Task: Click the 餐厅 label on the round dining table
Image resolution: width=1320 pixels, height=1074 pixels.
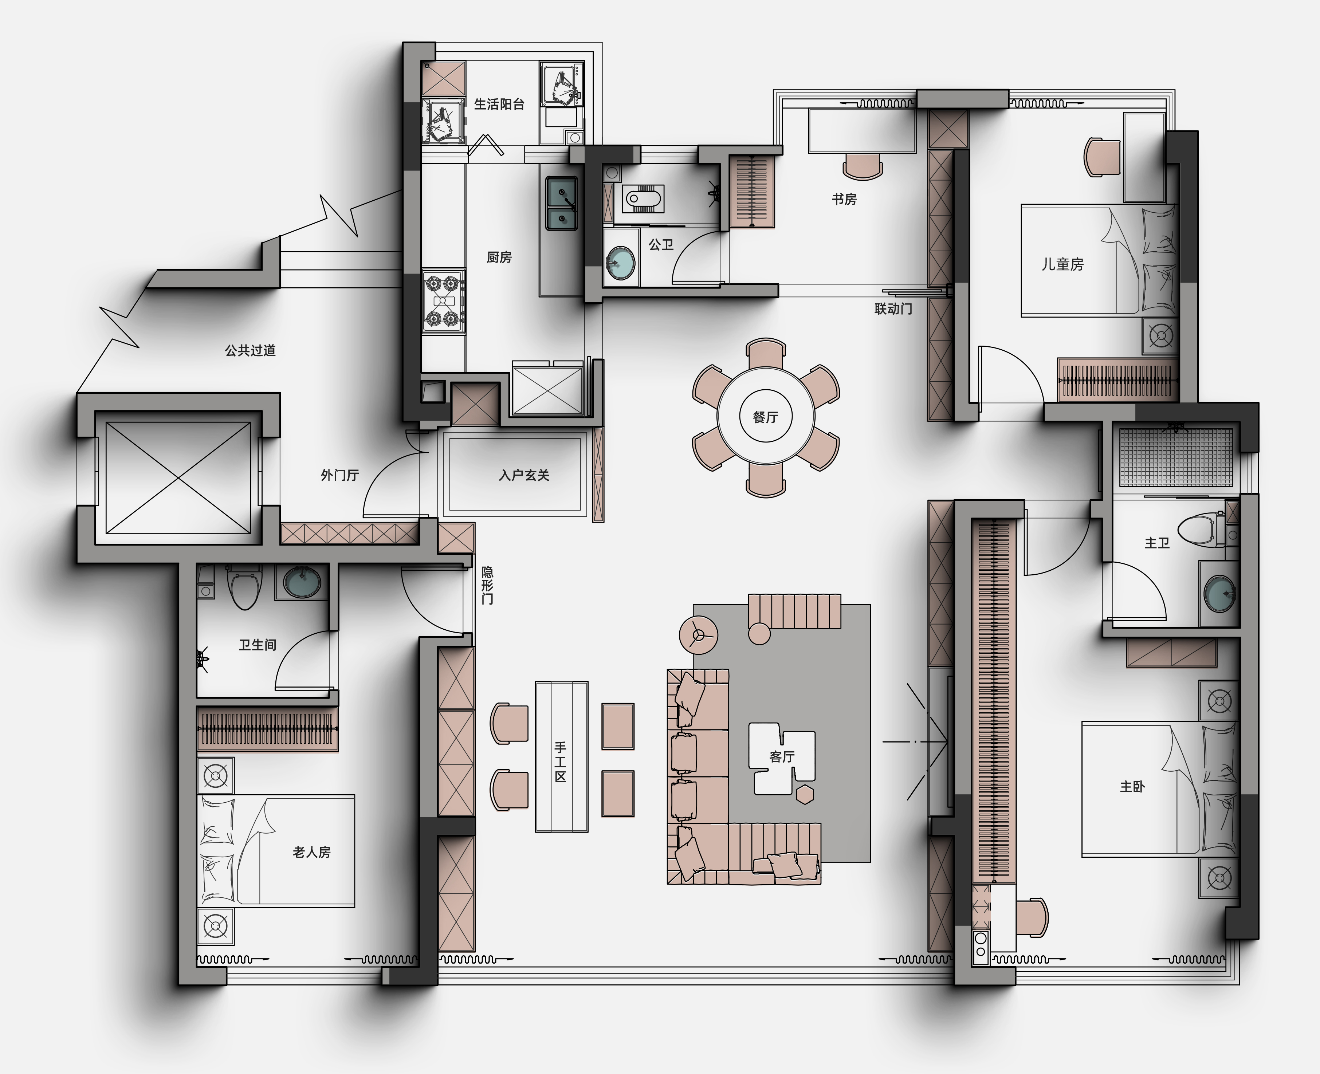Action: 766,417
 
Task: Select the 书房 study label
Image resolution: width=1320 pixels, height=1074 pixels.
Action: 844,199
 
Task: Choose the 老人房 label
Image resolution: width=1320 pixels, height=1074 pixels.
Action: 311,852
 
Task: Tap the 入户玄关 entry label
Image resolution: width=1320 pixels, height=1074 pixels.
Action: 524,475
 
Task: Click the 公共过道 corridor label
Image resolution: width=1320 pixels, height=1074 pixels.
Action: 250,350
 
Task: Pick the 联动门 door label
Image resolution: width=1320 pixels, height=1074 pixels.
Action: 893,308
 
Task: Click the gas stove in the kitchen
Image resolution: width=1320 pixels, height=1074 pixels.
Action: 444,301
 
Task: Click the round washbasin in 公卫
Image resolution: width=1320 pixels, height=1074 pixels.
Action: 620,263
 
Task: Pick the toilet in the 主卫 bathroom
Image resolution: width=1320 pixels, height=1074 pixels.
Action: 1201,530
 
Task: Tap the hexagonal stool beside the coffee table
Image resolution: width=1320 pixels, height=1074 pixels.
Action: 805,794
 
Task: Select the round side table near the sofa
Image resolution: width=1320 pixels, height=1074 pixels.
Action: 699,635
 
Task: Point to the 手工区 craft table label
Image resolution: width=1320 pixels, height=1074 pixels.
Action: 560,762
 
